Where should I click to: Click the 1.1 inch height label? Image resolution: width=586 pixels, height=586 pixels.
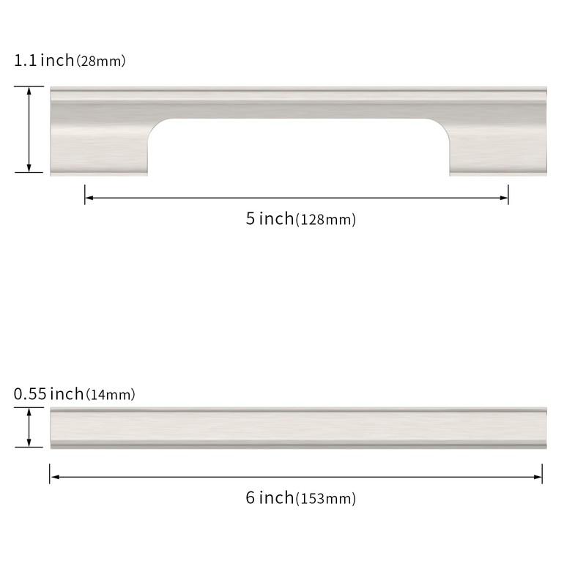(43, 60)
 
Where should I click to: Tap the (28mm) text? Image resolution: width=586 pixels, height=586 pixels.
(101, 61)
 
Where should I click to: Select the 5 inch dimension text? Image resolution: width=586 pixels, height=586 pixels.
(270, 218)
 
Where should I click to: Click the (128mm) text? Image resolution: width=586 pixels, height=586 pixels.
(325, 220)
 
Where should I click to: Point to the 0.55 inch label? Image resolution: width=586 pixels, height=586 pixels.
(48, 394)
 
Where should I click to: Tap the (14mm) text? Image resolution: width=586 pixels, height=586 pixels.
(111, 395)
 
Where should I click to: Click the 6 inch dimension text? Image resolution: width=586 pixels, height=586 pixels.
(270, 498)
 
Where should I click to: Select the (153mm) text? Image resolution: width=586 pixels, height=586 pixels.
(325, 500)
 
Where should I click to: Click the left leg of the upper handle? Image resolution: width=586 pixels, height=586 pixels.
(99, 146)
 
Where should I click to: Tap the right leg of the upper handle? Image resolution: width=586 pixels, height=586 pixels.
(498, 146)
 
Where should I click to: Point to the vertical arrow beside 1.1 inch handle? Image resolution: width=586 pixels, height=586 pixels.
(29, 130)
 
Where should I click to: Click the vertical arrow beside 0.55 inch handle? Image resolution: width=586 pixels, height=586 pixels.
(29, 427)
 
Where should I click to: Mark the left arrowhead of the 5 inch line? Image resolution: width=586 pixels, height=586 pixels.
(89, 196)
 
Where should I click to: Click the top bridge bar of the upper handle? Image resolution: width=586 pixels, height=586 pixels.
(297, 103)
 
